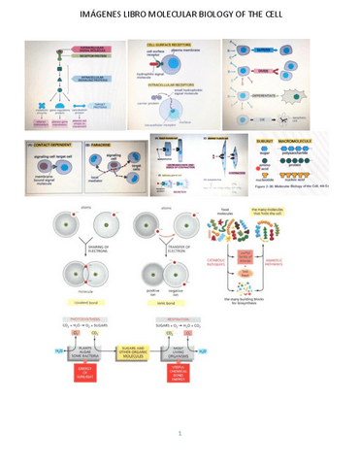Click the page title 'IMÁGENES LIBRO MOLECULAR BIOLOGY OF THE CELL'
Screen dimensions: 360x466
click(x=180, y=17)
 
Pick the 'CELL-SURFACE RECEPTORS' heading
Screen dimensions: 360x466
click(x=167, y=45)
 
